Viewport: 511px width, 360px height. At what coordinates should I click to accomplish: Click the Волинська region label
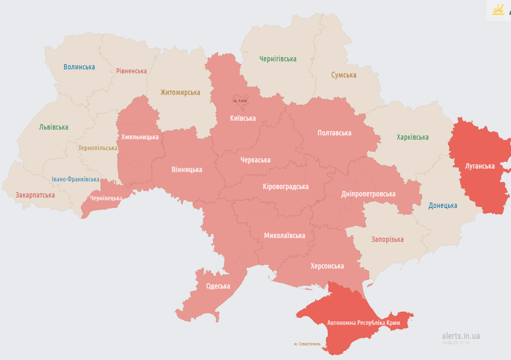point(79,67)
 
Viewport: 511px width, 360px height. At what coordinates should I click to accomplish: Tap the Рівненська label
point(131,71)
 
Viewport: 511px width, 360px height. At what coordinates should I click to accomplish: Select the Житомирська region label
point(180,92)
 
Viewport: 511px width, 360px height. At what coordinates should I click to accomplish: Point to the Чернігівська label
point(278,59)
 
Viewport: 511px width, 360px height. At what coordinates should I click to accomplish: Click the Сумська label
point(344,75)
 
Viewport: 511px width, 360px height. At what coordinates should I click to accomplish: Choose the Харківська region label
point(413,137)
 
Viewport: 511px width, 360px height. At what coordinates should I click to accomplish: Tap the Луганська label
point(480,166)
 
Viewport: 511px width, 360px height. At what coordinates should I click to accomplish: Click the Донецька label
point(443,205)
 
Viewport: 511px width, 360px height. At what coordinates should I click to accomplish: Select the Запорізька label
point(387,240)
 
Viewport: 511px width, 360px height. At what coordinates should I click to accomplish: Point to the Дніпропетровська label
point(368,194)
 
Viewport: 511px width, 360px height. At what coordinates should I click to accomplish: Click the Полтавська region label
point(334,133)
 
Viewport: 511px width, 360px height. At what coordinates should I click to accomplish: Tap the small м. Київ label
point(240,101)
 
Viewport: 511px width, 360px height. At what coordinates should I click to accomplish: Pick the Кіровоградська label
point(286,187)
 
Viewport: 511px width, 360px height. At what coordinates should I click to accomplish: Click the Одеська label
point(218,286)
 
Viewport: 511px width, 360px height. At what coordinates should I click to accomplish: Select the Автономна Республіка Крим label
point(363,323)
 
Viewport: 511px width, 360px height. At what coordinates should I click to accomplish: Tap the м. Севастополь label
point(308,344)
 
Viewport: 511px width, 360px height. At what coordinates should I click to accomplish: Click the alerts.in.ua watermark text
point(460,336)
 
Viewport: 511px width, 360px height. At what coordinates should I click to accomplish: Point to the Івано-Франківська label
point(75,179)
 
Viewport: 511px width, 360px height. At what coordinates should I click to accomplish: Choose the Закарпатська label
point(35,195)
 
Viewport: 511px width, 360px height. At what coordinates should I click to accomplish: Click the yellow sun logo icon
point(498,9)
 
